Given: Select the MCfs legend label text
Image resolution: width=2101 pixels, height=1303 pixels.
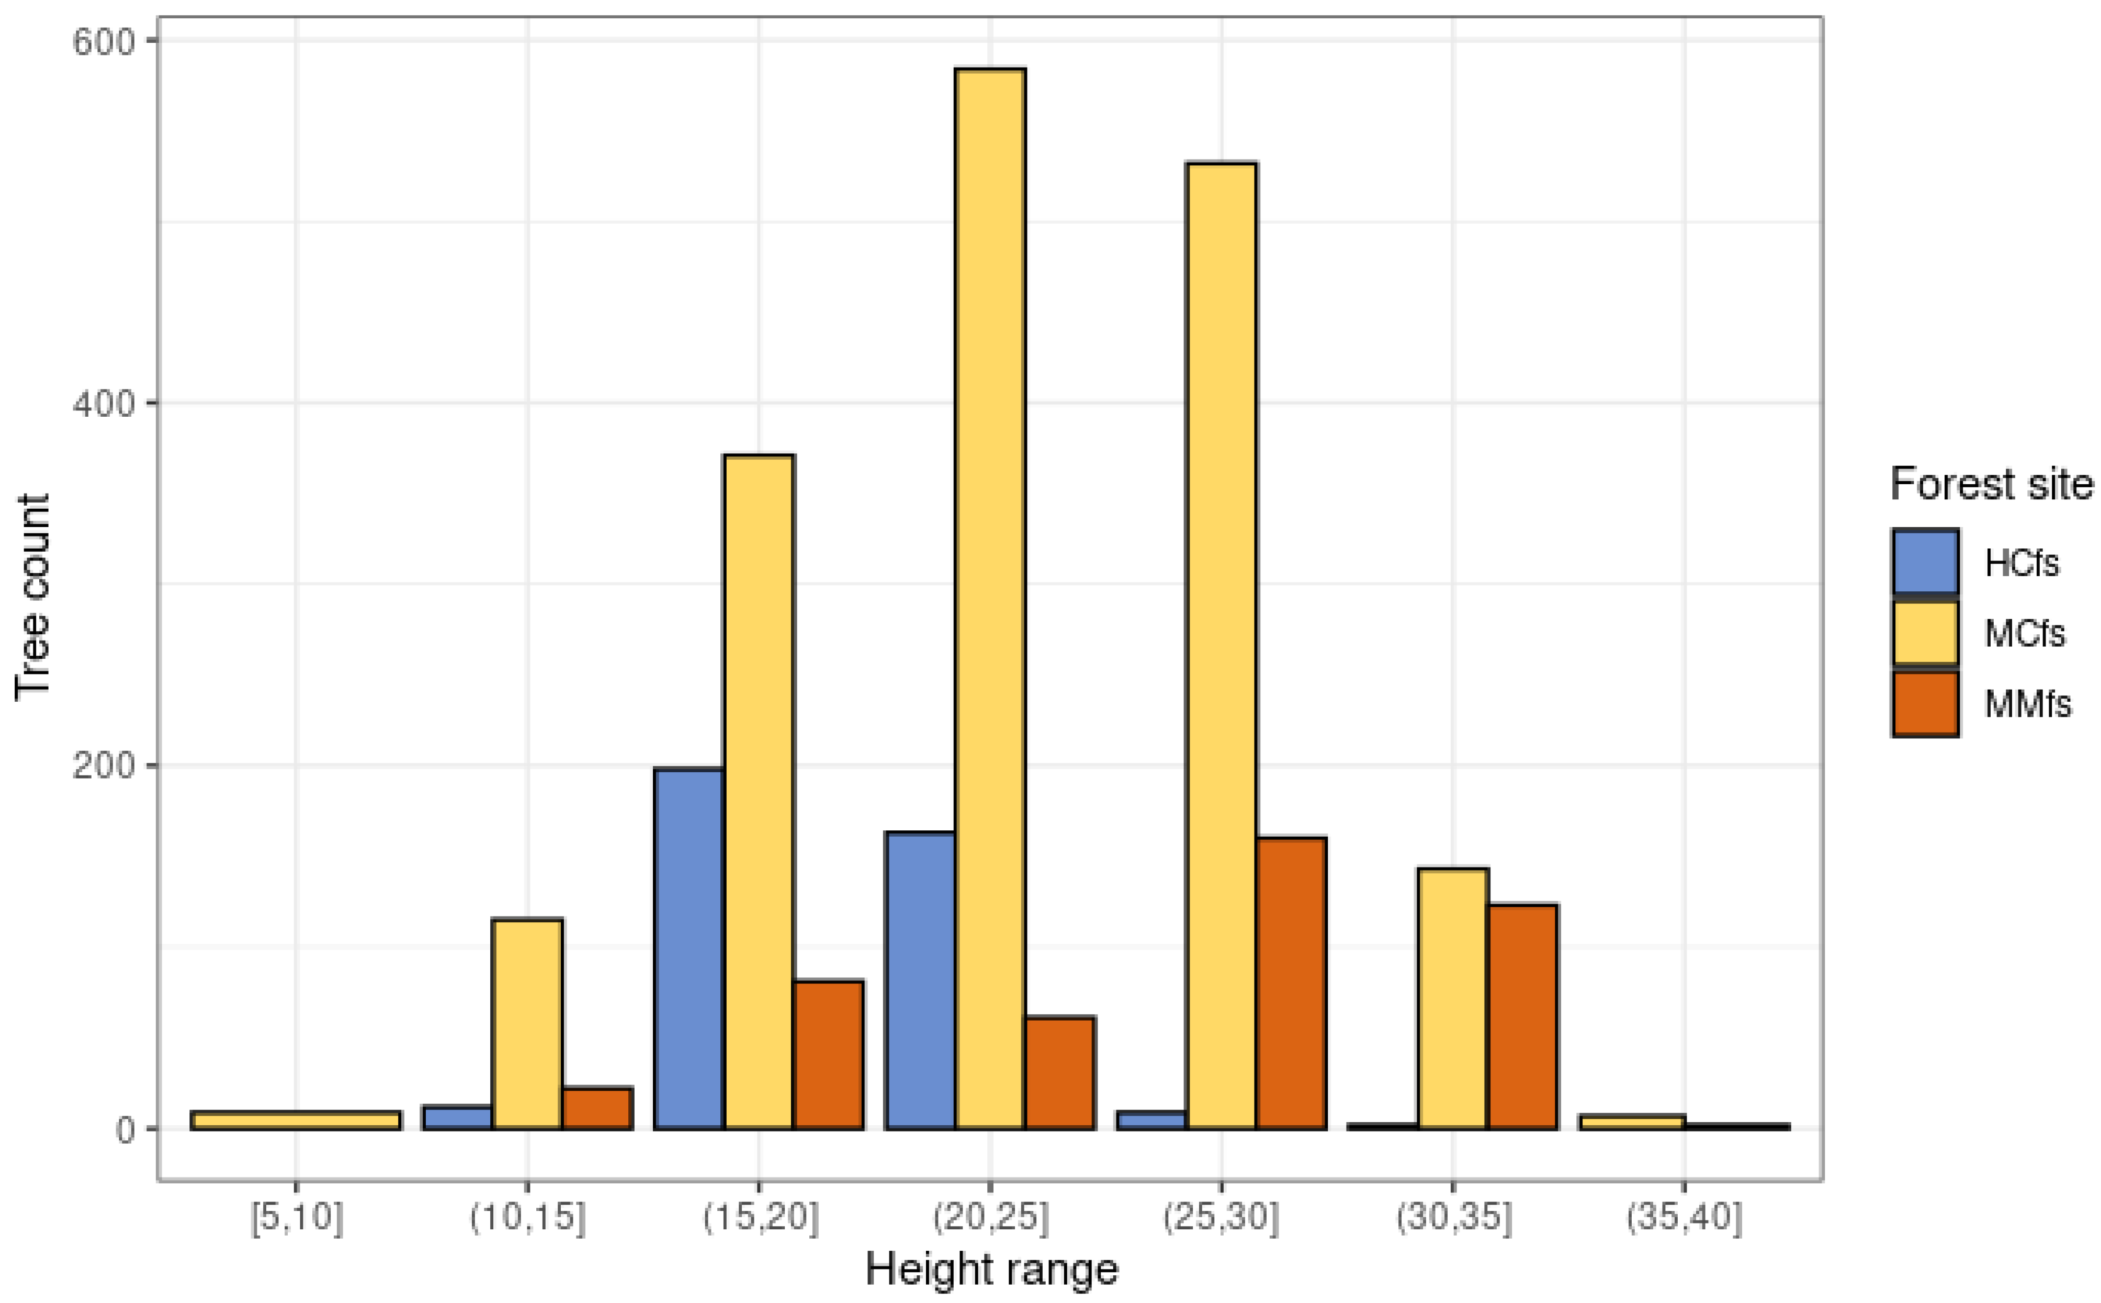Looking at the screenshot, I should pyautogui.click(x=2024, y=633).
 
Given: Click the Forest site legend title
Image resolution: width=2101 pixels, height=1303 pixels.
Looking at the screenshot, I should pyautogui.click(x=1991, y=484).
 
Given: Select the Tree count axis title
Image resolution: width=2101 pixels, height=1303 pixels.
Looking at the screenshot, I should pyautogui.click(x=33, y=597).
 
